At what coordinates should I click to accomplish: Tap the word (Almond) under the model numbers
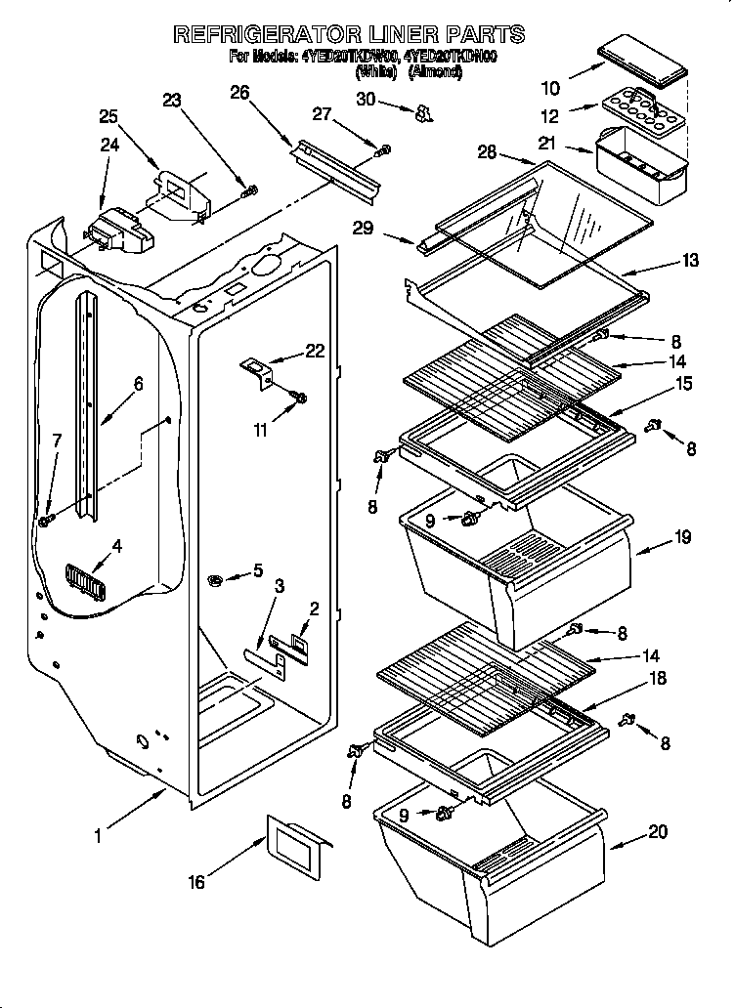(x=435, y=71)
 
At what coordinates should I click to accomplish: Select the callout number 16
(x=196, y=882)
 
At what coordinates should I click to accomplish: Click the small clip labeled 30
(x=422, y=114)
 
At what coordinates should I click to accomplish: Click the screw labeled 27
(x=385, y=149)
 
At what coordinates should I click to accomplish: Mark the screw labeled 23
(x=249, y=189)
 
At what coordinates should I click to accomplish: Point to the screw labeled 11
(x=300, y=398)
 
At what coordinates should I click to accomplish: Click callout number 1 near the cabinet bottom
(x=98, y=836)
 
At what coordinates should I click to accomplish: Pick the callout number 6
(x=137, y=384)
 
